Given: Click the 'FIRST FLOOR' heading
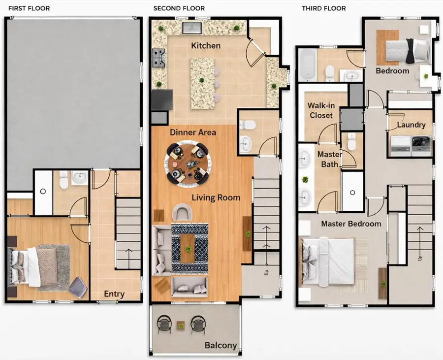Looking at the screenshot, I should tap(29, 8).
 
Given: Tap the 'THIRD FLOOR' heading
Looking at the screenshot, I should tap(324, 8).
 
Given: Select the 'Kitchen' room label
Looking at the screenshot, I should tap(206, 46).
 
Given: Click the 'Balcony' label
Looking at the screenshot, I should tap(221, 345).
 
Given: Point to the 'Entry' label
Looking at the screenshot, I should tap(114, 294).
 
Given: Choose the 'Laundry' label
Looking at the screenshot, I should tap(411, 125).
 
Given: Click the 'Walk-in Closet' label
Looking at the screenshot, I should tap(320, 110).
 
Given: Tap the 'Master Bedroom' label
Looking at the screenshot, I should tap(351, 224).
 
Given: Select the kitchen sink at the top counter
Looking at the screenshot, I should tap(190, 27).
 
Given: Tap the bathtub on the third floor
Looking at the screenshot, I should tap(307, 64).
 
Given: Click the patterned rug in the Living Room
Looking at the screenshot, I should tap(190, 248).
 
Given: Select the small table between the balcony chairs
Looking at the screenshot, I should tap(181, 325).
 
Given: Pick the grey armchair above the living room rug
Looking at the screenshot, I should tap(183, 213).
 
